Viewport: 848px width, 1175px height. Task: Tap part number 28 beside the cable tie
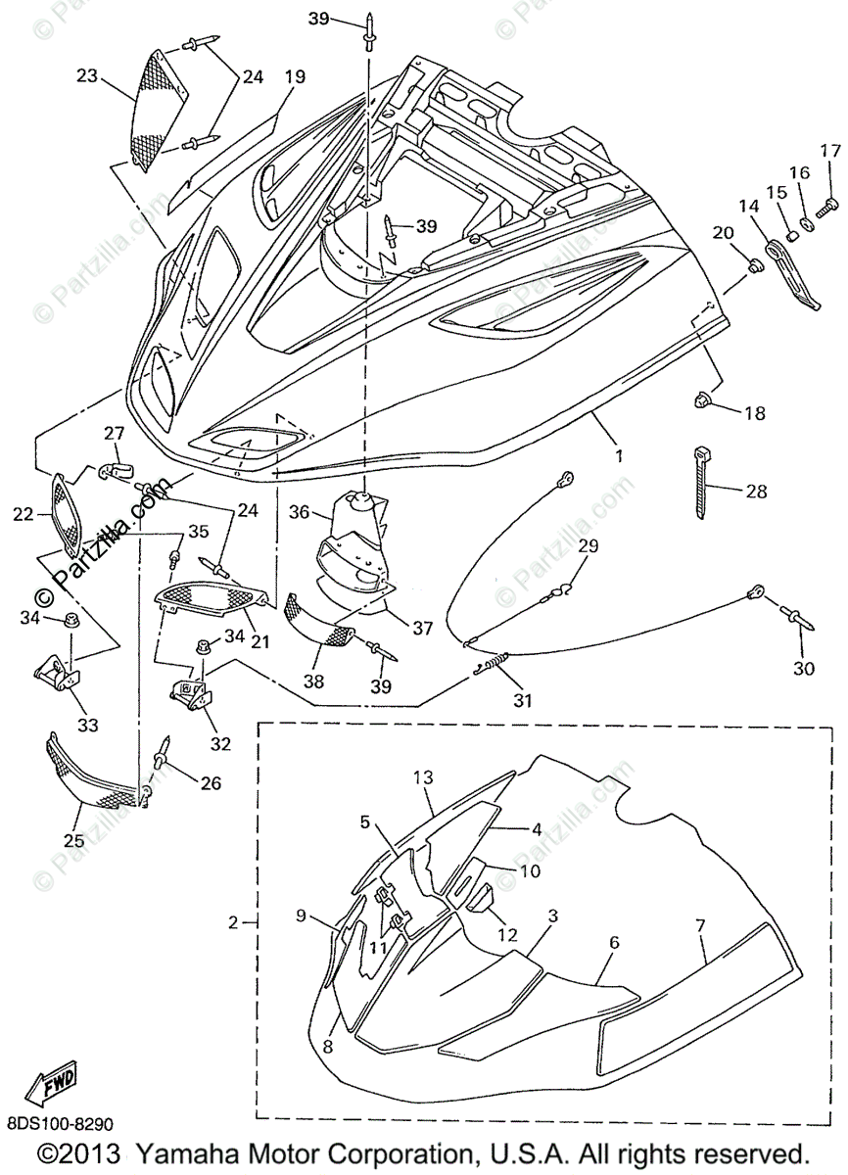(x=756, y=492)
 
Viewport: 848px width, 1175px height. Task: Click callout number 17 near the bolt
(x=830, y=151)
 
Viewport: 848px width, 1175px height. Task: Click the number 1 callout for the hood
(x=618, y=455)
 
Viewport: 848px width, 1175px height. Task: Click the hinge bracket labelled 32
(x=193, y=694)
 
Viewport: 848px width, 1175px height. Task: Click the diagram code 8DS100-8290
(x=61, y=1124)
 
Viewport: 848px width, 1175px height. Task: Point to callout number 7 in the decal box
(x=700, y=927)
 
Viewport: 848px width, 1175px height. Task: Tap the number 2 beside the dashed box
(x=233, y=922)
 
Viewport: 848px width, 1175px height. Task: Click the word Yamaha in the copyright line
(x=180, y=1152)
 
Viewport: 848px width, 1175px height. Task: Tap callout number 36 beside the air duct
(x=299, y=511)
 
